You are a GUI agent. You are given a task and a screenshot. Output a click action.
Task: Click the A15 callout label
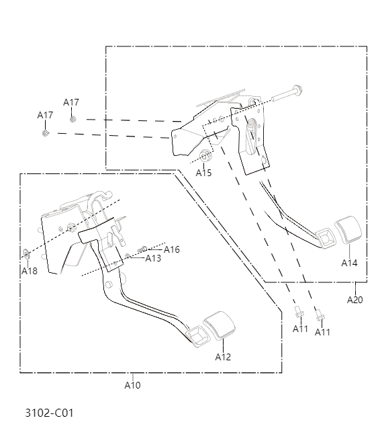tap(203, 173)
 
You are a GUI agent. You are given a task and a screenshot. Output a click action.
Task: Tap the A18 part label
tap(29, 271)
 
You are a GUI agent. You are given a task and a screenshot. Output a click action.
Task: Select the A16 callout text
tap(172, 249)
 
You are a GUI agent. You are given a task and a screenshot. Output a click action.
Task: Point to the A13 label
tap(153, 258)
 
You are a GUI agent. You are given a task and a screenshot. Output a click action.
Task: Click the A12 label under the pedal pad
tap(223, 357)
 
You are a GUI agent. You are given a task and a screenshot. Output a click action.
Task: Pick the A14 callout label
tap(349, 263)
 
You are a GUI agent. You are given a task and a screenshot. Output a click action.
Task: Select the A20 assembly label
tap(354, 300)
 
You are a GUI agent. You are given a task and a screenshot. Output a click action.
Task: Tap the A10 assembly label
tap(132, 385)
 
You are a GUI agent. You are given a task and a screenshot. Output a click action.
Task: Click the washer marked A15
tap(206, 158)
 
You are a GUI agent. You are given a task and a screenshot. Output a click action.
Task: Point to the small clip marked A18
tap(26, 253)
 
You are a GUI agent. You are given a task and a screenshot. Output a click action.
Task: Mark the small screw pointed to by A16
tap(142, 250)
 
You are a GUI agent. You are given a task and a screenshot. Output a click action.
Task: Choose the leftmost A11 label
tap(300, 329)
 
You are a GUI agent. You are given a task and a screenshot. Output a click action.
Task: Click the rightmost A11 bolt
tap(320, 313)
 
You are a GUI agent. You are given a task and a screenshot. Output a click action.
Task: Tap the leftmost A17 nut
tap(45, 132)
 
